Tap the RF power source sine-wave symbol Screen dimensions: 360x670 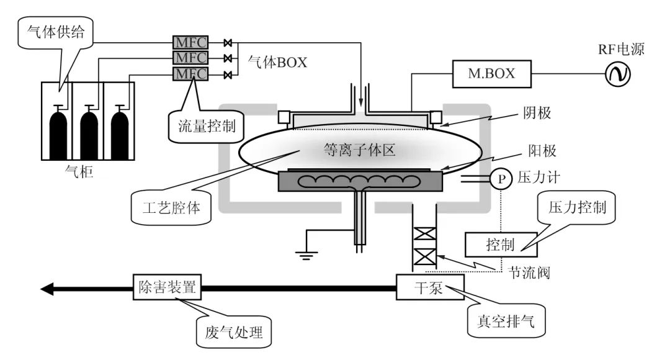coord(618,74)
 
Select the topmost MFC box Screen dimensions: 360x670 coord(190,42)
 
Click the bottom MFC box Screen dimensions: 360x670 coord(190,74)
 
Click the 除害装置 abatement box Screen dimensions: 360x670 coord(166,288)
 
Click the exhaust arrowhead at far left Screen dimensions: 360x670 coord(48,289)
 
